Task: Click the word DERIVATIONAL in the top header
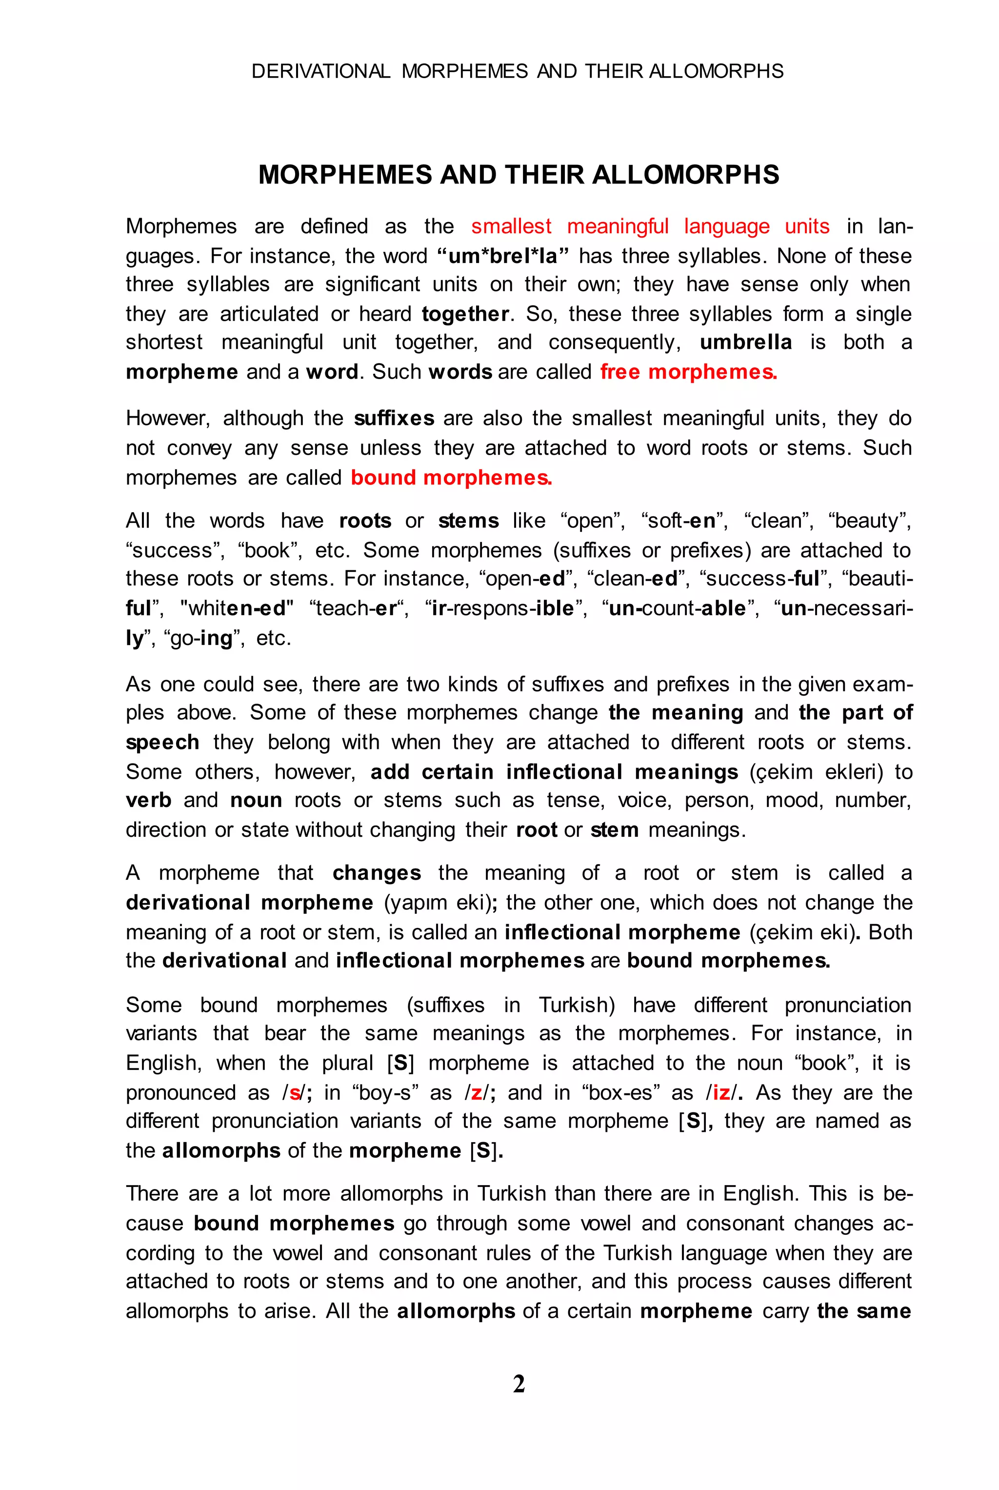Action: coord(320,71)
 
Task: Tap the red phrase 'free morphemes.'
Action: coord(688,372)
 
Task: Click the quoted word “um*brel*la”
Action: coord(503,256)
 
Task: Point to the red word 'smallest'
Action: coord(511,226)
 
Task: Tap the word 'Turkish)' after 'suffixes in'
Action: coord(577,1005)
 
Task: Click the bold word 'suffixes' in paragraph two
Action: coord(394,418)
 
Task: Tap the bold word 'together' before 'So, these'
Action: coord(465,314)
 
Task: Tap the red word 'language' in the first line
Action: coord(726,226)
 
